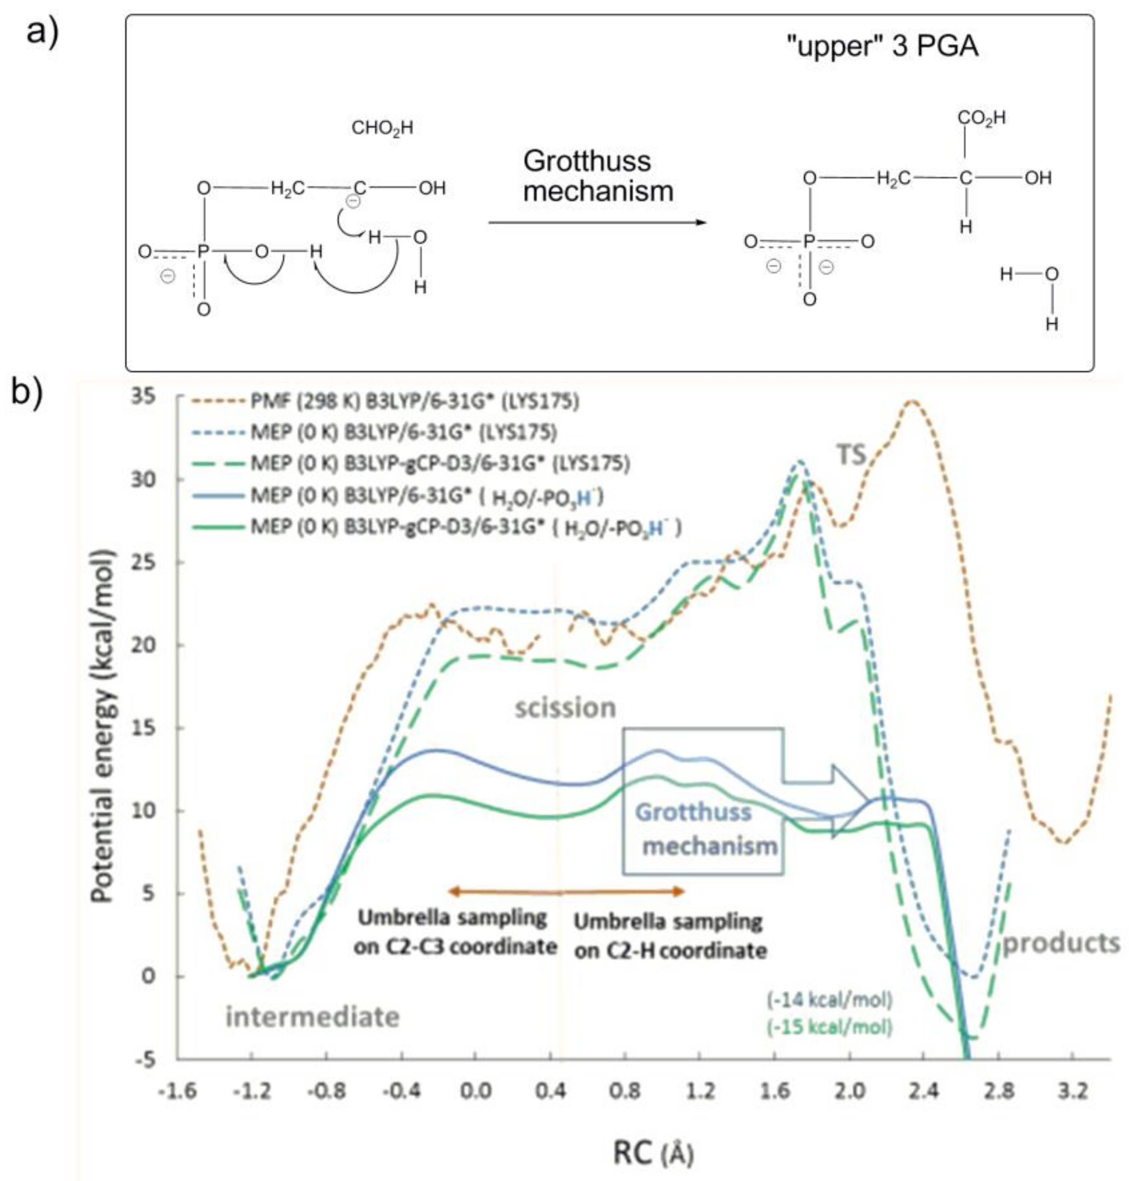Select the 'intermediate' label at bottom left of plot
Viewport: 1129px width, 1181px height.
tap(313, 1017)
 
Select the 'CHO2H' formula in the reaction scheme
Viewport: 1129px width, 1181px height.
tap(382, 128)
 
